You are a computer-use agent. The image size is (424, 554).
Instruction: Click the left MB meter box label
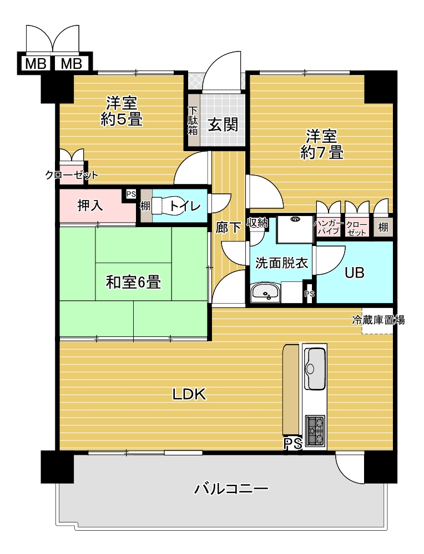[36, 64]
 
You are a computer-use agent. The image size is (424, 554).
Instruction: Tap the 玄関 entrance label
[223, 124]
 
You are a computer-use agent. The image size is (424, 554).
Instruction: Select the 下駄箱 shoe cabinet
[193, 120]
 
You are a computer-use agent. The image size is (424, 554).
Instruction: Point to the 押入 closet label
[90, 206]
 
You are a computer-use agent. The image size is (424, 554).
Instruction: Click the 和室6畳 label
[133, 282]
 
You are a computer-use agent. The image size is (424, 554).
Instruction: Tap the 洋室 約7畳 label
[322, 145]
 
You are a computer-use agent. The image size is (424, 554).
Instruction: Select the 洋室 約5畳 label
[122, 111]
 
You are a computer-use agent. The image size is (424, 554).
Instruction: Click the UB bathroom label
[355, 273]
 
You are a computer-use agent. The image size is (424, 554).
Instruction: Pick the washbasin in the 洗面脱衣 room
[265, 292]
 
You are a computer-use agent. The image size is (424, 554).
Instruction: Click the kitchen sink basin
[315, 368]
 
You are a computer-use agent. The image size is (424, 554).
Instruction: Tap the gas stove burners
[315, 430]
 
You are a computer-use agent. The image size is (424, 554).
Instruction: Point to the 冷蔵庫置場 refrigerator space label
[378, 320]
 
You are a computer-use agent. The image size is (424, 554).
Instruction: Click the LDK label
[189, 394]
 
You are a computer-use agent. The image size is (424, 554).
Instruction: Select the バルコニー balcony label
[231, 489]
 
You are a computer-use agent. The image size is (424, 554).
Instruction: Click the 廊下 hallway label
[228, 228]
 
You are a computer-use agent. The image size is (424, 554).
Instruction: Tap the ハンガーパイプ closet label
[329, 228]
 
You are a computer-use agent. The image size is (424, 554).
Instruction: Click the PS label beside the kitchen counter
[293, 443]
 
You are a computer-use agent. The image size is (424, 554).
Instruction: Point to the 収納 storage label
[258, 222]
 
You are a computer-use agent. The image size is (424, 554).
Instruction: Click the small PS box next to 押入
[130, 194]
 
